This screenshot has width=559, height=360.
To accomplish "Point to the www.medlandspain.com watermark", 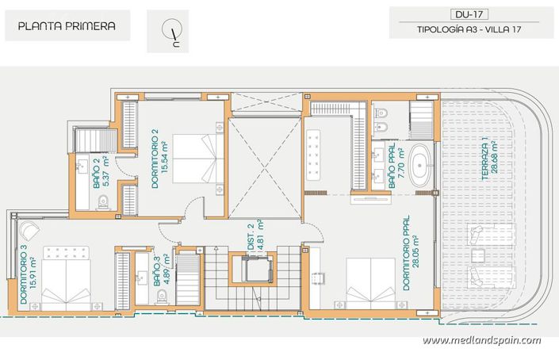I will coord(481,340).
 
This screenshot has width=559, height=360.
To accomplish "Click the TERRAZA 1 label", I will coord(488,161).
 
